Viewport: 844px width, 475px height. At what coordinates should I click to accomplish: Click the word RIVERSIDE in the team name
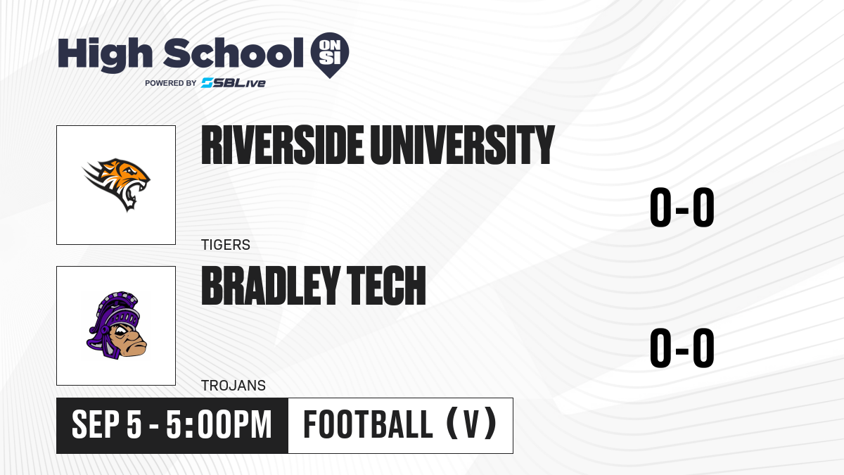283,145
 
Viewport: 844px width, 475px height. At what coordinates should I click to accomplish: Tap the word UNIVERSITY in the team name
462,145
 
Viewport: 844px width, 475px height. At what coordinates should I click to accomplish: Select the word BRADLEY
271,286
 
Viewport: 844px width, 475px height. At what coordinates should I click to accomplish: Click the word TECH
386,286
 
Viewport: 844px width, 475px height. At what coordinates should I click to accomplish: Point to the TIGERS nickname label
226,245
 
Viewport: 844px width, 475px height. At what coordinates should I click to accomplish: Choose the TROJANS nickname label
234,386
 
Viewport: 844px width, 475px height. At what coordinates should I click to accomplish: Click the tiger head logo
117,184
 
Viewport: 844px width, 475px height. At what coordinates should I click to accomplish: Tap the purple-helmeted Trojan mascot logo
117,325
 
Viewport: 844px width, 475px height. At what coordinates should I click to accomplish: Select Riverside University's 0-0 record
682,207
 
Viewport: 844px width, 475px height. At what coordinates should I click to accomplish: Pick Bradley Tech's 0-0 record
682,348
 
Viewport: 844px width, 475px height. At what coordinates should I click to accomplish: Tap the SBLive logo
234,82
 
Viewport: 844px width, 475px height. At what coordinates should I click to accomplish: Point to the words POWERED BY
171,83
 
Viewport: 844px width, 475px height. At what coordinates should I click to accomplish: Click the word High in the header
105,55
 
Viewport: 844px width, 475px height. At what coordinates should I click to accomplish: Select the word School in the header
234,53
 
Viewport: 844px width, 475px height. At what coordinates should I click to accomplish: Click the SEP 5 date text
107,425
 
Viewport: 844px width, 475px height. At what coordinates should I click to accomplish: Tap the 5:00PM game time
219,425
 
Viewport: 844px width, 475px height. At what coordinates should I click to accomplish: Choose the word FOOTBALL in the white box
368,424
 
